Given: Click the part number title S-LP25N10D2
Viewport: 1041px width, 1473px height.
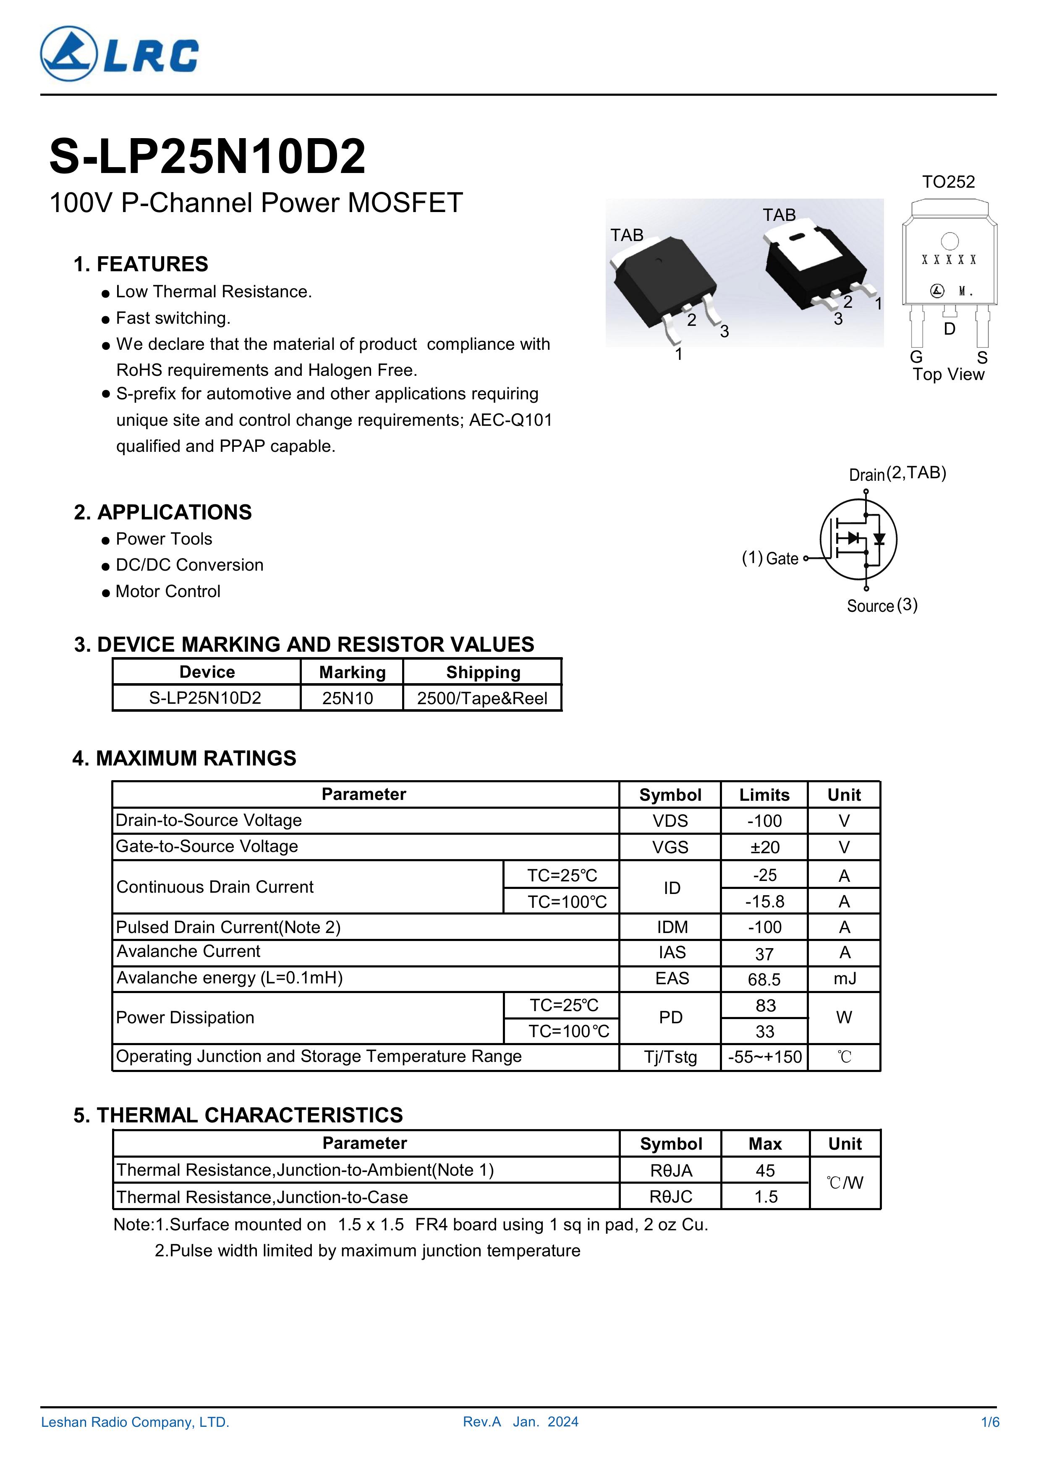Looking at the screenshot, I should pyautogui.click(x=207, y=157).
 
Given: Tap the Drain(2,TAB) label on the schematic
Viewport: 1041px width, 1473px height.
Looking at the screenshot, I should pyautogui.click(x=897, y=474).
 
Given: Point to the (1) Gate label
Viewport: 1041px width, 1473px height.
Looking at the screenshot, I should pyautogui.click(x=770, y=558).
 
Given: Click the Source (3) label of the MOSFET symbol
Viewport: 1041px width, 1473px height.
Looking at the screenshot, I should pyautogui.click(x=882, y=605).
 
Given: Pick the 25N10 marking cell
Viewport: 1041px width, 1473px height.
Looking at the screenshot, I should pyautogui.click(x=348, y=698).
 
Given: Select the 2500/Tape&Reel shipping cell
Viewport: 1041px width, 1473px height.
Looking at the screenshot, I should pyautogui.click(x=482, y=698).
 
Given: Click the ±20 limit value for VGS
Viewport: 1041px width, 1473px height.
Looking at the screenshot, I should pyautogui.click(x=764, y=847).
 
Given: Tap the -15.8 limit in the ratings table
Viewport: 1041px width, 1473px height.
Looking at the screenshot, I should pyautogui.click(x=764, y=902).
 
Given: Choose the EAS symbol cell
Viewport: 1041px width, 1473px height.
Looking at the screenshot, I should pyautogui.click(x=672, y=978).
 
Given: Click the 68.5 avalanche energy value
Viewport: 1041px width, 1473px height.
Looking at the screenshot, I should pyautogui.click(x=764, y=980).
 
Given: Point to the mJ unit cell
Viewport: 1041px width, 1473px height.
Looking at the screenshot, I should pyautogui.click(x=845, y=978).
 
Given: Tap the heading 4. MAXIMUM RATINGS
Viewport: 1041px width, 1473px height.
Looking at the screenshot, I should pyautogui.click(x=185, y=758).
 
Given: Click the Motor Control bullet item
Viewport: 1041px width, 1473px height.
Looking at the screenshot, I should pyautogui.click(x=167, y=592).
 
